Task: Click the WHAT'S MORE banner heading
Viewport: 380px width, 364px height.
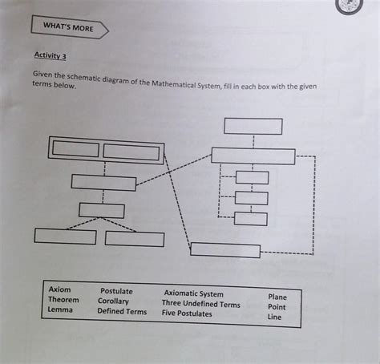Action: (69, 29)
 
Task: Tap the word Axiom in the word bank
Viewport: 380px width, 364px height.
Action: (60, 288)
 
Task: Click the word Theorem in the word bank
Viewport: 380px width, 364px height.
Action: (63, 299)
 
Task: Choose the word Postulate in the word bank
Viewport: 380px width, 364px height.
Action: (116, 290)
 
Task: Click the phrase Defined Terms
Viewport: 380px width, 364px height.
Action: (122, 312)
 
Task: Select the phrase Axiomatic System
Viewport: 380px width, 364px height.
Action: (194, 294)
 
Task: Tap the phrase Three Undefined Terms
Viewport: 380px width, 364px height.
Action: (200, 305)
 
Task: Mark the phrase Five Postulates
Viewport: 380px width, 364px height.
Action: (187, 314)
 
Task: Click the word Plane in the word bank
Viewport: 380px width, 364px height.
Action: (277, 297)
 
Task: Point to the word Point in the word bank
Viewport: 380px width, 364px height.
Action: (277, 307)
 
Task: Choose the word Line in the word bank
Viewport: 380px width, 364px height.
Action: (274, 317)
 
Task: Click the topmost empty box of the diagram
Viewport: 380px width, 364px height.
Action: (253, 126)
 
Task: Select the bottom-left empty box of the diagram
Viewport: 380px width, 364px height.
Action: (65, 237)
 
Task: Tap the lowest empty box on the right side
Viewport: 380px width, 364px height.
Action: (225, 249)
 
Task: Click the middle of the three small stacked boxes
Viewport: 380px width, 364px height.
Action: (252, 198)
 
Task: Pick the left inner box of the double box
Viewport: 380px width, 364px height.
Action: (75, 151)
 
